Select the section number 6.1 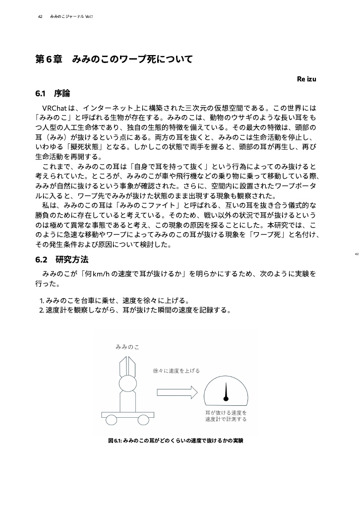(41, 93)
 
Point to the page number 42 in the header (40, 17)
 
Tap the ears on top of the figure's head (127, 367)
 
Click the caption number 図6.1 (115, 440)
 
